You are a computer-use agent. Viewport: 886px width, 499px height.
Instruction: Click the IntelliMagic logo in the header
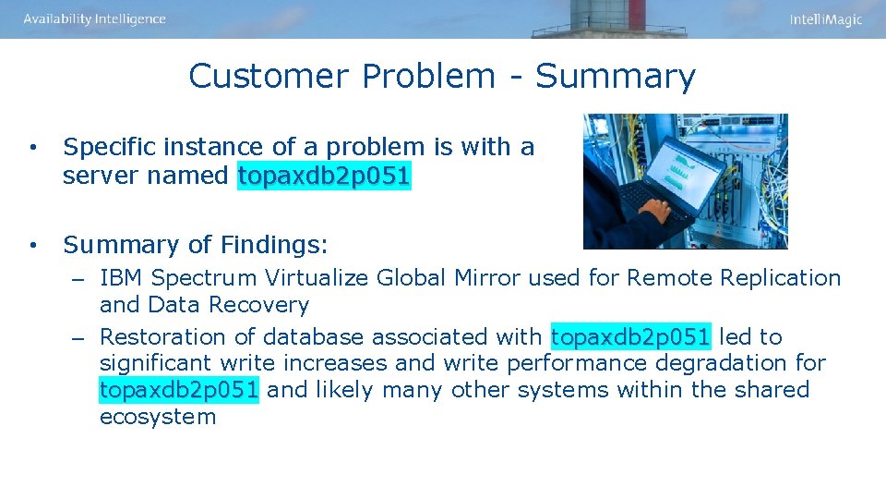coord(825,19)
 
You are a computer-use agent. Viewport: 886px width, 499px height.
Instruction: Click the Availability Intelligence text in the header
coord(95,19)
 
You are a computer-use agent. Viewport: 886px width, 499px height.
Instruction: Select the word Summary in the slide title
coord(615,76)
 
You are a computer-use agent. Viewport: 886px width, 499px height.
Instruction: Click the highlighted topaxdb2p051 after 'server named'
coord(324,176)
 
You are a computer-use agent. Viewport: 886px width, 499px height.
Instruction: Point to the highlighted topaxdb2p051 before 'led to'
coord(630,336)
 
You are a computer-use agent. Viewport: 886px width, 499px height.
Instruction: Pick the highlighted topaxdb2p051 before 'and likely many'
coord(179,389)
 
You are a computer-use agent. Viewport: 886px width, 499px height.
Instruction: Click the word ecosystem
coord(158,417)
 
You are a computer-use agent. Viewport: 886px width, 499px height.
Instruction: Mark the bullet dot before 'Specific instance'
coord(32,147)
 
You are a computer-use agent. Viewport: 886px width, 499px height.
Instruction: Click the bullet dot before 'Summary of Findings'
coord(32,245)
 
